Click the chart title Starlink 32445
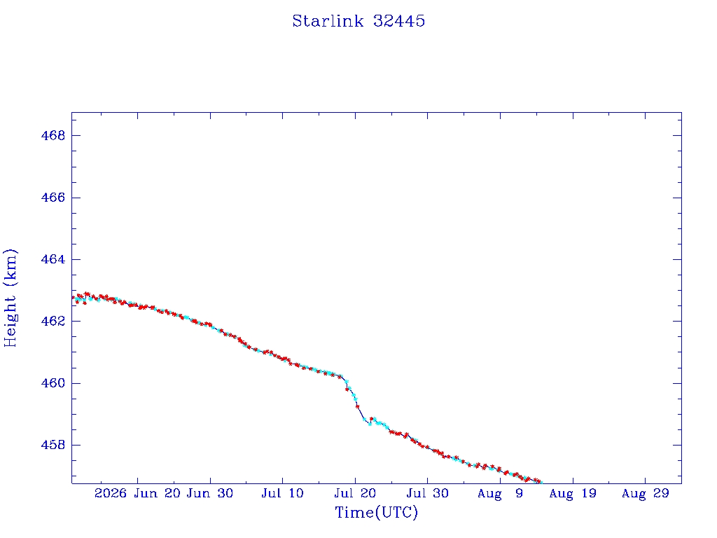(x=358, y=21)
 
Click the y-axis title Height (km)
(x=10, y=298)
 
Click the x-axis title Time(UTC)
(x=376, y=512)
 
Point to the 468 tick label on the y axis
(x=53, y=135)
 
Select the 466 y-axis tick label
(x=53, y=198)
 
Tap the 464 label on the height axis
(x=53, y=259)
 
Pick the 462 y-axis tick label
(x=53, y=321)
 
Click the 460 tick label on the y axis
(x=53, y=383)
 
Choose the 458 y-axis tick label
(x=53, y=445)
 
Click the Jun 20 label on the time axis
(x=157, y=494)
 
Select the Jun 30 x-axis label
(x=210, y=494)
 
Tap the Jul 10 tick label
(x=283, y=494)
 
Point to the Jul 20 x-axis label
(x=355, y=494)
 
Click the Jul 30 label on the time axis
(x=428, y=494)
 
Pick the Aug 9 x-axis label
(x=500, y=494)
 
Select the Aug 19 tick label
(x=573, y=494)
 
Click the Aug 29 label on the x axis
(x=645, y=494)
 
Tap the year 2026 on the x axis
(x=110, y=494)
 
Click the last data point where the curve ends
(x=541, y=482)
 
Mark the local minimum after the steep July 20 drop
(x=370, y=424)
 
